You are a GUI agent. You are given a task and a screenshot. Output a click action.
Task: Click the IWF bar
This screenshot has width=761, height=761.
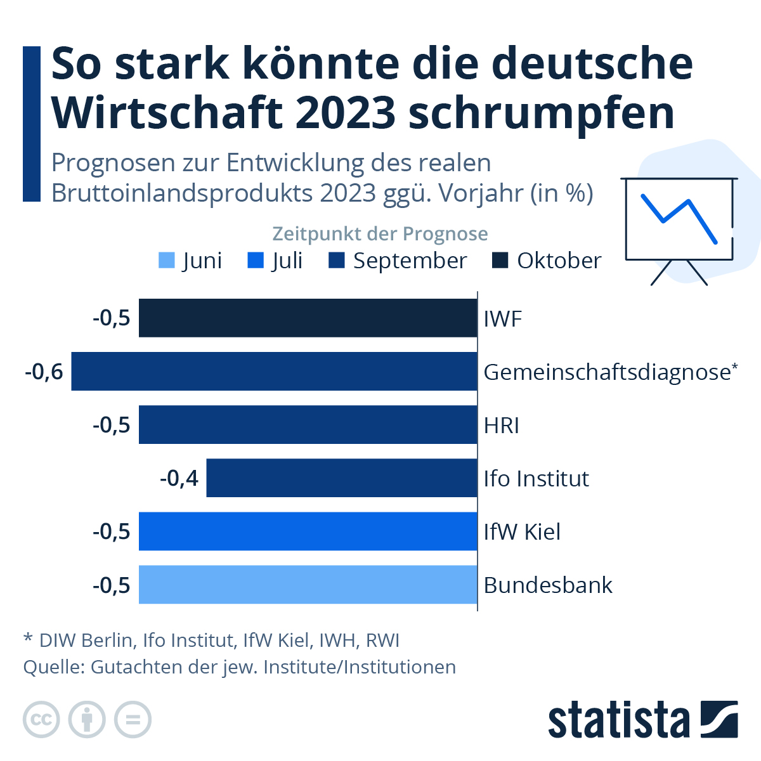308,318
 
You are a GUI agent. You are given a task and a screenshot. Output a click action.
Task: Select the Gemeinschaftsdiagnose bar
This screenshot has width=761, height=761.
274,371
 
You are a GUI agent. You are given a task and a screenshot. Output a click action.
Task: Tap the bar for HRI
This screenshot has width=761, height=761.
308,424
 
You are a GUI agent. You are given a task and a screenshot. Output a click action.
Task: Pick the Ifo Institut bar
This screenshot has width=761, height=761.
342,478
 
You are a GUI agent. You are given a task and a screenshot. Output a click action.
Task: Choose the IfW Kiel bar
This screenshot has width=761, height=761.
308,531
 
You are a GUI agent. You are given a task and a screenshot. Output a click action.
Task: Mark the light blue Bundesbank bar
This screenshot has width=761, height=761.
308,584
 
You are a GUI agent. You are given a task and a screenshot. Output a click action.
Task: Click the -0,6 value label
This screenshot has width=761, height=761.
44,372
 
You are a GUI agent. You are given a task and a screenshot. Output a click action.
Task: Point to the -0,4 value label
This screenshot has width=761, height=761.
179,478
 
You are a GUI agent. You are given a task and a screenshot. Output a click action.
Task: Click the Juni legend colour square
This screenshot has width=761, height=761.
166,261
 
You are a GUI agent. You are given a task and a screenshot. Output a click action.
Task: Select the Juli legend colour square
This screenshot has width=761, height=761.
255,261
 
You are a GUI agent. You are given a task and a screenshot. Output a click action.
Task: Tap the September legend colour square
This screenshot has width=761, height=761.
337,261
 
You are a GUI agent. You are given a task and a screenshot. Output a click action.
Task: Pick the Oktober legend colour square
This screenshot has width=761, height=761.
500,261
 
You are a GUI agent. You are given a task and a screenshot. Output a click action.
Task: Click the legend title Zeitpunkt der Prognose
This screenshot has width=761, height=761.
380,234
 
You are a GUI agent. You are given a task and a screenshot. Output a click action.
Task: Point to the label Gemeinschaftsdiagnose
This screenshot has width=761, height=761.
608,372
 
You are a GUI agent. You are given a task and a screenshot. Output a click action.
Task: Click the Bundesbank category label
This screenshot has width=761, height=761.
548,585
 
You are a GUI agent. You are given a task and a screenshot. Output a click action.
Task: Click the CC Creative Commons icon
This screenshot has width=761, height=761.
41,720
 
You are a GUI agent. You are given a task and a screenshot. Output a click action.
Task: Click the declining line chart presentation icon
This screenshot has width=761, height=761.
679,222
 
